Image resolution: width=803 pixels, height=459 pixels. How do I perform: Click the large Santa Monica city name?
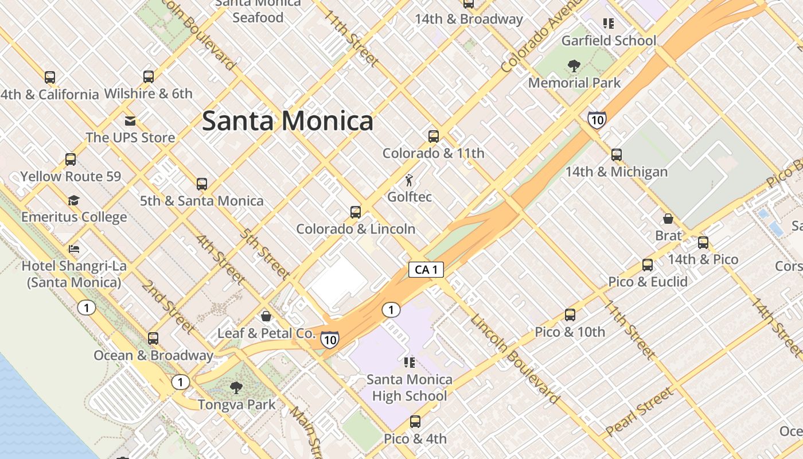[x=287, y=121]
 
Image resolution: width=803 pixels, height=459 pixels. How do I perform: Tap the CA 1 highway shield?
[x=426, y=270]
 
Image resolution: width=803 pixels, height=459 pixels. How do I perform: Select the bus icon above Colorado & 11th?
[x=434, y=137]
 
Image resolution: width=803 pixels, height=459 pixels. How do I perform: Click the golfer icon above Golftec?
[x=409, y=181]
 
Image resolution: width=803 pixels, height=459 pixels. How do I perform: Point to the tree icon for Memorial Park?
[x=574, y=66]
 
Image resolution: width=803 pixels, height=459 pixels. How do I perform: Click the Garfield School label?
[x=609, y=41]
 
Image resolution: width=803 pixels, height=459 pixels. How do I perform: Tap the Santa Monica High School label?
[x=409, y=387]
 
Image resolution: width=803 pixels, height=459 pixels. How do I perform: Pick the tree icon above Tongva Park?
[x=236, y=388]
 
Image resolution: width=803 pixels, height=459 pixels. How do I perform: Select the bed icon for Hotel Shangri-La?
[x=74, y=249]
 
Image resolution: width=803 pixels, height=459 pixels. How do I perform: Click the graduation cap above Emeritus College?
[x=73, y=200]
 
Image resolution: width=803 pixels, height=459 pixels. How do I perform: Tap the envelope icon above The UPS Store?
[x=130, y=121]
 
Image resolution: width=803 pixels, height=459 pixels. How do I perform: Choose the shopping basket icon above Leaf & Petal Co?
[x=266, y=316]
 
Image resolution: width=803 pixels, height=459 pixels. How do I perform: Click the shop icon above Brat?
[x=668, y=219]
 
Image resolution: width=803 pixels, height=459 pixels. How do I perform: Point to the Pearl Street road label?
[x=638, y=412]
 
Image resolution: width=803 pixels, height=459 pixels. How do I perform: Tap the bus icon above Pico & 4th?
[x=415, y=422]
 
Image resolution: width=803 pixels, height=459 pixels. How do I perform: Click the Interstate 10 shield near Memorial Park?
[x=597, y=120]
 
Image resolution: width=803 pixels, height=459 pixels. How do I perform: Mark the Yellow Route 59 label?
[x=71, y=176]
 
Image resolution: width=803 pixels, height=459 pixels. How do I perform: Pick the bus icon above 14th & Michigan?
[x=617, y=155]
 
